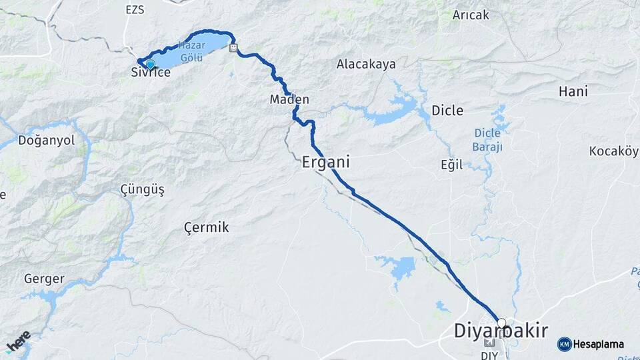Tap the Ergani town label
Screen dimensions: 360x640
tap(326, 162)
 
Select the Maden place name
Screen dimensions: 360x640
tap(289, 99)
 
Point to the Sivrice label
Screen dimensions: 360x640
tap(151, 73)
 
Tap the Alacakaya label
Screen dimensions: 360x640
tap(366, 65)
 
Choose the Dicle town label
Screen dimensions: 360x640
tap(447, 110)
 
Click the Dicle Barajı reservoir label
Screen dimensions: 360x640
tap(487, 139)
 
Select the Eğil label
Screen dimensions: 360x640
tap(451, 165)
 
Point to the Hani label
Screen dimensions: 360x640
tap(573, 91)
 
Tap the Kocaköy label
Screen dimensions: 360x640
tap(613, 151)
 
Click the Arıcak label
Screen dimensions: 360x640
tap(471, 15)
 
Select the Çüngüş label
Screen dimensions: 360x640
tap(142, 189)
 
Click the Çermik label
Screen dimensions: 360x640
tap(206, 227)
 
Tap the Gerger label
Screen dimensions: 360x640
tap(44, 279)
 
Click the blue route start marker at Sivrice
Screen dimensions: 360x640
tap(150, 64)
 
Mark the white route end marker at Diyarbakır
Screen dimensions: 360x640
tap(501, 323)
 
